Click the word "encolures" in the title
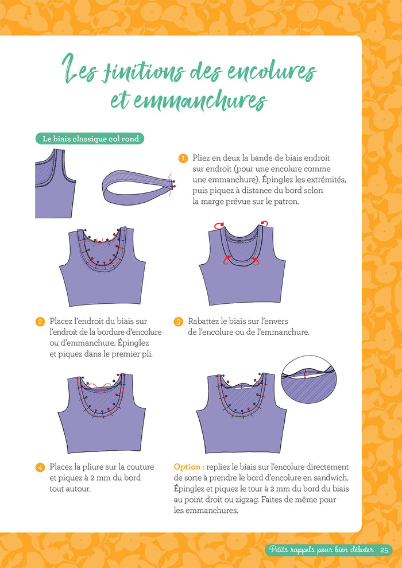coord(272,71)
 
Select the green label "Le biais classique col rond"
coord(90,139)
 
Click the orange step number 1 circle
coord(183,159)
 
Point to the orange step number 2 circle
coord(40,322)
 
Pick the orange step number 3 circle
coord(178,322)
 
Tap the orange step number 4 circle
coord(40,467)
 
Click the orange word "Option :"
coord(189,467)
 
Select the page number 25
coord(384,550)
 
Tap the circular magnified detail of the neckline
coord(309,382)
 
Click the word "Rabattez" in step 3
coord(203,321)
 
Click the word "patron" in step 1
coord(287,202)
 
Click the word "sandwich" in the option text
coord(332,478)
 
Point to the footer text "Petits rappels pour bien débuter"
coord(321,550)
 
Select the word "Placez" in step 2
coord(61,321)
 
